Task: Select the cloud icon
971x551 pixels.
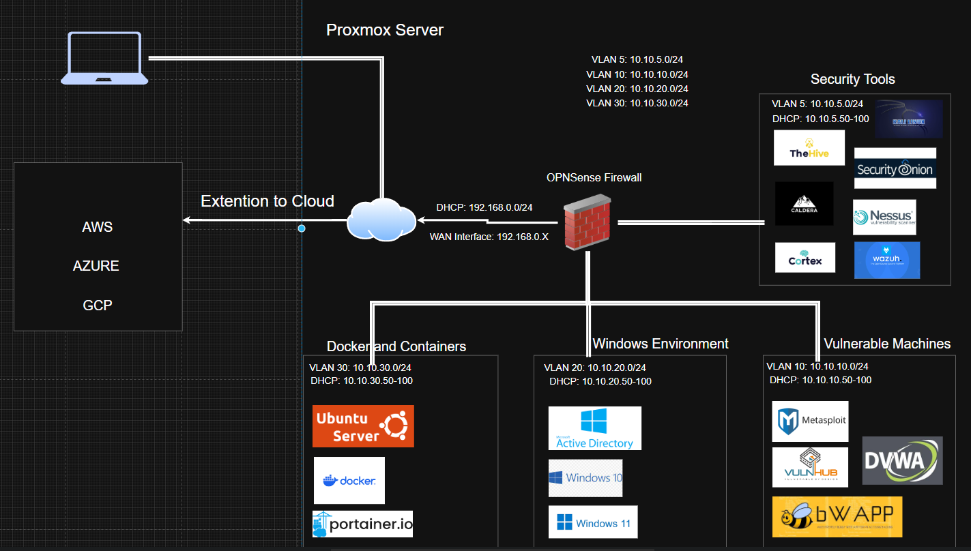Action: (x=381, y=218)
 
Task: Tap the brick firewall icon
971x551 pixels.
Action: (x=588, y=222)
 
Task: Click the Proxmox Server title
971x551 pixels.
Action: (x=385, y=30)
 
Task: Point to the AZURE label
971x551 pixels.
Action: (x=96, y=266)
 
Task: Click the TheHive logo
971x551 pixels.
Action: (x=809, y=148)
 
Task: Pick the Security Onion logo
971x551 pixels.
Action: (x=895, y=168)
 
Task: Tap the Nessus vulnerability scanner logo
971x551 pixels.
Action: (x=884, y=217)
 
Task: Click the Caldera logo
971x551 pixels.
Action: (x=804, y=203)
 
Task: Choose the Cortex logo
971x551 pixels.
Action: (x=805, y=257)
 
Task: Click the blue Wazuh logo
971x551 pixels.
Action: (x=886, y=260)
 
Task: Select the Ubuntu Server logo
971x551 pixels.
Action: (x=363, y=426)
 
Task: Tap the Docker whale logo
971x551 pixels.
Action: (x=349, y=480)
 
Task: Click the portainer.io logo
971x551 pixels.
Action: (x=362, y=524)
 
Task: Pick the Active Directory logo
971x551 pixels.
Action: (x=594, y=428)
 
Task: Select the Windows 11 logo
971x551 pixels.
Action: (x=593, y=522)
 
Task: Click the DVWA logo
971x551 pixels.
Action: (x=902, y=460)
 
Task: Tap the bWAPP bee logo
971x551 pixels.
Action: (x=837, y=516)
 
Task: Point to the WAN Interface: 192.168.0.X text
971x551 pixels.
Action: (x=489, y=237)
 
